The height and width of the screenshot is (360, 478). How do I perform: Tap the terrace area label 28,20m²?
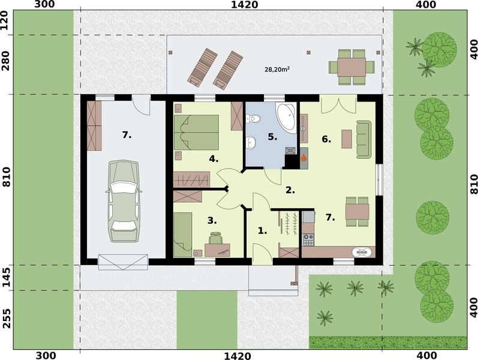(277, 70)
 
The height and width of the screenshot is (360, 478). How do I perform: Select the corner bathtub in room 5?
(285, 115)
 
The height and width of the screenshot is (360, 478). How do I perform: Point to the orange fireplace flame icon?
(304, 158)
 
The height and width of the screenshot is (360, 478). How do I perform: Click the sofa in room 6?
(363, 139)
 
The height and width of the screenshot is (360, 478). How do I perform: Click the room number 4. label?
(213, 159)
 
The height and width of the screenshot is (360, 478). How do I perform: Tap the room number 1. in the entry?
(261, 230)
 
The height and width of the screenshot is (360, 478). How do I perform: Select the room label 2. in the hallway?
(290, 190)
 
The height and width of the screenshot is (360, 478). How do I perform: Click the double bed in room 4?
(196, 133)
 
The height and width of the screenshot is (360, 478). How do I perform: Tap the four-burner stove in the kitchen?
(308, 239)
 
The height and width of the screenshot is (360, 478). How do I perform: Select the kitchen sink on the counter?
(360, 252)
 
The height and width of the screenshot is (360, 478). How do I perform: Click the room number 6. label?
(326, 139)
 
